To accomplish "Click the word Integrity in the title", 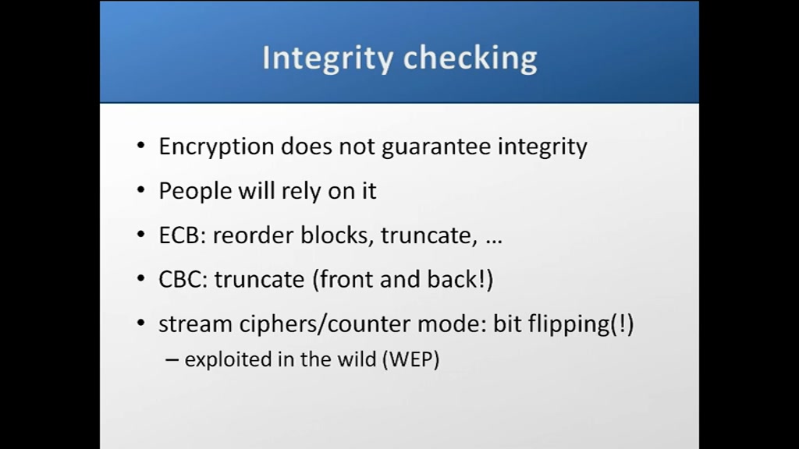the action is click(x=328, y=58).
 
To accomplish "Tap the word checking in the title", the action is click(x=471, y=58).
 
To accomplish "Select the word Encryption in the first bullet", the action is click(x=217, y=147).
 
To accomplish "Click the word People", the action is click(x=195, y=192).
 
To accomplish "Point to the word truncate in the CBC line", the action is click(x=259, y=280).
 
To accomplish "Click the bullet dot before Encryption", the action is click(x=141, y=146).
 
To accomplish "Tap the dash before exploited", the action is click(x=172, y=360).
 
